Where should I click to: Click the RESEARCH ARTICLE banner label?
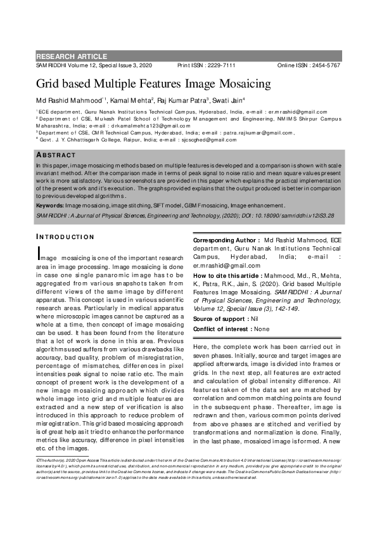coord(72,56)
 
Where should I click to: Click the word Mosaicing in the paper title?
coord(224,83)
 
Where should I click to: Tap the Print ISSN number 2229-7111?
coord(219,66)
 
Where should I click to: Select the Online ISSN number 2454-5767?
coord(323,66)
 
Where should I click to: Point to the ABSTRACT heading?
coord(54,155)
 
